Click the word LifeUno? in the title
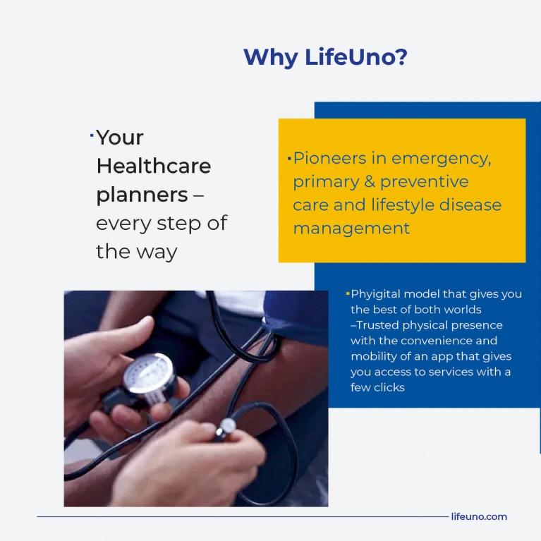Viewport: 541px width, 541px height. [x=355, y=57]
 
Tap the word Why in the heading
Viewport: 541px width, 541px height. [x=271, y=58]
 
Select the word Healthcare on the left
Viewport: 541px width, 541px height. [x=154, y=166]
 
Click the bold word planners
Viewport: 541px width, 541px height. [x=142, y=195]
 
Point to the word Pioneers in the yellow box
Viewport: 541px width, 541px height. [x=329, y=159]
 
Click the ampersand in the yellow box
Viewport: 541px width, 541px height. [x=369, y=182]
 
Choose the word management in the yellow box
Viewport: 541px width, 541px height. [x=351, y=229]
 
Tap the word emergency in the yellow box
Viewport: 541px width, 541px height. [x=441, y=159]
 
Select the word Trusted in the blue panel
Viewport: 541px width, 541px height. [x=377, y=325]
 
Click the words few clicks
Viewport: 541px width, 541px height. [x=377, y=387]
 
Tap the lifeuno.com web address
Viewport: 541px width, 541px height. [x=479, y=516]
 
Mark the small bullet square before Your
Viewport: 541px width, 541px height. [x=92, y=135]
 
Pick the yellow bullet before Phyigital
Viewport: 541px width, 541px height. [x=348, y=294]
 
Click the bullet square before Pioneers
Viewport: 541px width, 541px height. [x=289, y=159]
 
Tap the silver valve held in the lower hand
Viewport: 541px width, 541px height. [x=226, y=427]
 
